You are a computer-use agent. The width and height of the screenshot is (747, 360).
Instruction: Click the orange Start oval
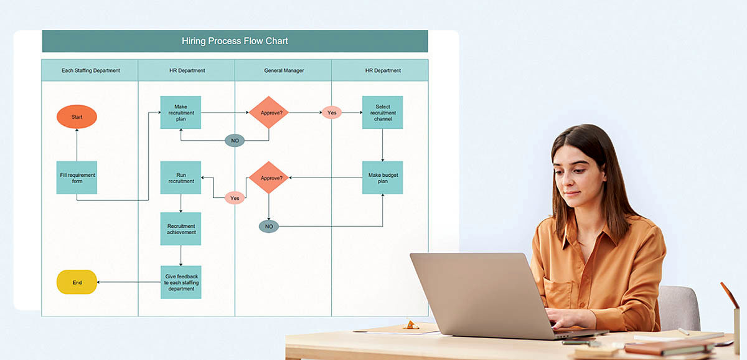pos(77,116)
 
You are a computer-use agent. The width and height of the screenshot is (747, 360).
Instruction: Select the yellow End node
pos(77,282)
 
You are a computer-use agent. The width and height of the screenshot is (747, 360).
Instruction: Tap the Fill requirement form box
pos(77,178)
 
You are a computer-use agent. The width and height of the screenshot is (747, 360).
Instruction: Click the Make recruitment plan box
pos(181,112)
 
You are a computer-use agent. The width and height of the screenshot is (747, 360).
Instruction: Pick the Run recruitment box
pos(181,178)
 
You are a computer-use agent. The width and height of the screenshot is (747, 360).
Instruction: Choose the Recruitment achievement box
pos(181,229)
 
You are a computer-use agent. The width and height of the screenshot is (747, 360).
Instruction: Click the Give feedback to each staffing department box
pos(181,282)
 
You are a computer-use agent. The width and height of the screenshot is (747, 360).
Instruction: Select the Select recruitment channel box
pos(382,112)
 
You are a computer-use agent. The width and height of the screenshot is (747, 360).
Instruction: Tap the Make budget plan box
pos(382,178)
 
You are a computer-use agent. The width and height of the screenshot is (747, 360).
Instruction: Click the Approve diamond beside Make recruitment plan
pos(269,113)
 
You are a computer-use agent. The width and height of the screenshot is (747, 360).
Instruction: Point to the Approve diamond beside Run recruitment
pos(269,178)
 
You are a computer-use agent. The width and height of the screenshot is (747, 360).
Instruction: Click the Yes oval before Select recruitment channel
pos(332,113)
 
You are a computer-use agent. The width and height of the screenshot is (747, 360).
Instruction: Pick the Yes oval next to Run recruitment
pos(235,198)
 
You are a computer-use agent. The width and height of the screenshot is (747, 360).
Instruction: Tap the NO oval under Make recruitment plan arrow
pos(235,141)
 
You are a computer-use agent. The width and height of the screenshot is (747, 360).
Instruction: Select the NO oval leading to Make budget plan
pos(269,226)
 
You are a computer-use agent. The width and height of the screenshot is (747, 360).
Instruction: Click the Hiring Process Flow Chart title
pos(235,41)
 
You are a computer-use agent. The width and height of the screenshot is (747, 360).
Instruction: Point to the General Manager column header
pos(283,70)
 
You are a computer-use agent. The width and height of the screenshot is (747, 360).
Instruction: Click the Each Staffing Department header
pos(90,70)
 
